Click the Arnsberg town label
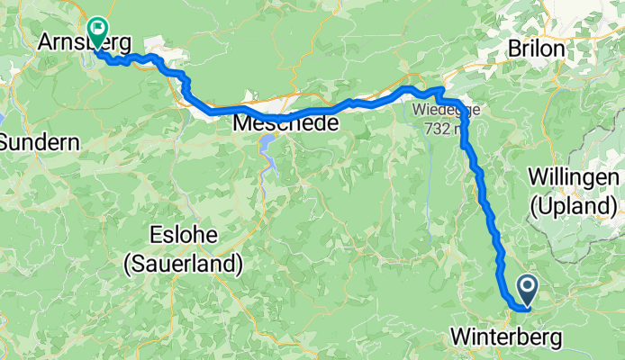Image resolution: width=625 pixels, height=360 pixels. click(86, 42)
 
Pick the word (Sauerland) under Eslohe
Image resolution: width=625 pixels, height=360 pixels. click(184, 264)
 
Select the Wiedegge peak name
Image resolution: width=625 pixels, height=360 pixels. click(447, 111)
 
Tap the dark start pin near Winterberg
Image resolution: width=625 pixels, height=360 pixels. click(527, 288)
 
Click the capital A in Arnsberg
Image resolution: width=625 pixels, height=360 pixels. click(47, 42)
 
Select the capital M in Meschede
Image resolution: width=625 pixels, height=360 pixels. click(241, 123)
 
